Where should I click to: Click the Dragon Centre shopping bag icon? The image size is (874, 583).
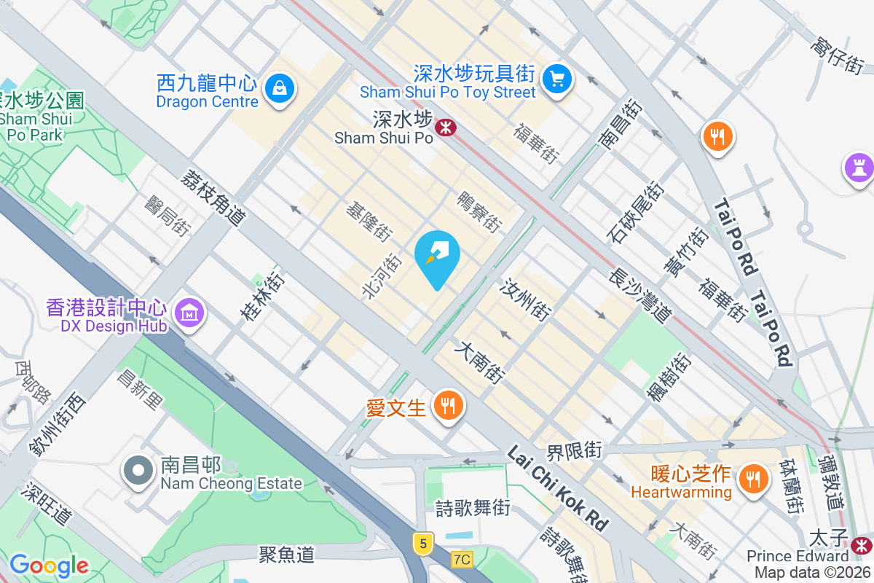point(277,89)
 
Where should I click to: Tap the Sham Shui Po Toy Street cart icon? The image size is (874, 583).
point(558,77)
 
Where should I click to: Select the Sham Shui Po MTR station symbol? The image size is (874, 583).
point(445,128)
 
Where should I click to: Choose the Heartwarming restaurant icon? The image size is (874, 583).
point(750,479)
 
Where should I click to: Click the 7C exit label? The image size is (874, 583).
point(462,560)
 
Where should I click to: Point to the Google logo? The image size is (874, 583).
point(49,565)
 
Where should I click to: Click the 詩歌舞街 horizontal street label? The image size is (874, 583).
point(473,508)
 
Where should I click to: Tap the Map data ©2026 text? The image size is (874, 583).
point(813,573)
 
